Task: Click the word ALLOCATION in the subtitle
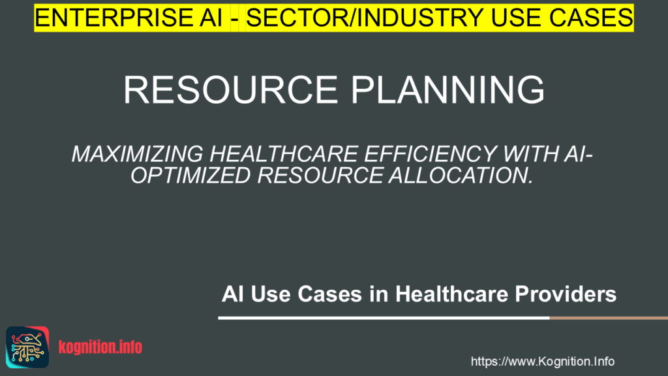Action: pos(466,176)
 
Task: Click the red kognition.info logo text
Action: pos(100,347)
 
